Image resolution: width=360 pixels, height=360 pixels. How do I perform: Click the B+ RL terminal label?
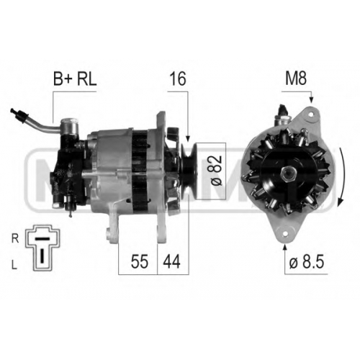(75, 79)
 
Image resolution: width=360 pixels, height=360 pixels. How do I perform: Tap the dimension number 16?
(178, 79)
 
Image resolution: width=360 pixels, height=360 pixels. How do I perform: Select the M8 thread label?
(296, 78)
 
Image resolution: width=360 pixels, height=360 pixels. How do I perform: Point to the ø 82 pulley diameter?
(216, 171)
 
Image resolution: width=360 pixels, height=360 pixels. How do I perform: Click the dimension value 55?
(140, 261)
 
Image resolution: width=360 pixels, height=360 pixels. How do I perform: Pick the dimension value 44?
(171, 261)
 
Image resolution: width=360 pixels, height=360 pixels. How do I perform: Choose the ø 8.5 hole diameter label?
(307, 261)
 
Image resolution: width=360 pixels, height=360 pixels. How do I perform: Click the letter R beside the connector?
(15, 238)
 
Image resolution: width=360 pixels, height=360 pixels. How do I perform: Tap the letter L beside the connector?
(14, 265)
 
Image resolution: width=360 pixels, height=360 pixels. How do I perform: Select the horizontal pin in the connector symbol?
(42, 238)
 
